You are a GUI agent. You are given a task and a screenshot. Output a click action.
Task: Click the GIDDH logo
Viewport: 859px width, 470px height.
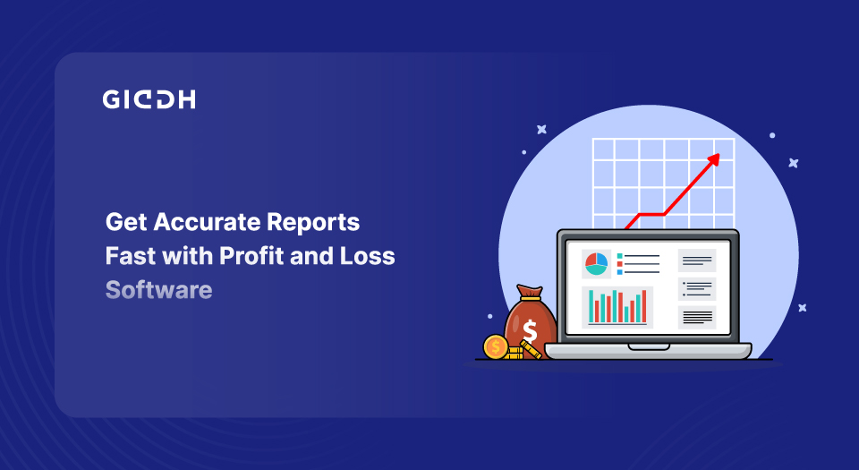pyautogui.click(x=149, y=99)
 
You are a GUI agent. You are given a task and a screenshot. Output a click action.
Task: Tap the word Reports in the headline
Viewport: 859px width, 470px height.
pyautogui.click(x=313, y=223)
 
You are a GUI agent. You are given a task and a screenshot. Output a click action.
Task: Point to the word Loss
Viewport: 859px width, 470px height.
pyautogui.click(x=367, y=256)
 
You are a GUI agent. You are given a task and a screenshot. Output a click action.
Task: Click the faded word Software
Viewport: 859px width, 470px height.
pyautogui.click(x=159, y=290)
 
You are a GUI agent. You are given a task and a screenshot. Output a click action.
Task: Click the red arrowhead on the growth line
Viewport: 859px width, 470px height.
pyautogui.click(x=713, y=159)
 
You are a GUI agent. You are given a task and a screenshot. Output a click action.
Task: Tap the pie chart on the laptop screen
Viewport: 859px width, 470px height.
pyautogui.click(x=597, y=263)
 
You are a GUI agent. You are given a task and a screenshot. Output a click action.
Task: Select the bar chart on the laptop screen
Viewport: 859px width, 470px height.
pyautogui.click(x=617, y=307)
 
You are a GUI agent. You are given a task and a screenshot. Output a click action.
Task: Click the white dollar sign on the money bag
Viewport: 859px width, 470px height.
pyautogui.click(x=530, y=331)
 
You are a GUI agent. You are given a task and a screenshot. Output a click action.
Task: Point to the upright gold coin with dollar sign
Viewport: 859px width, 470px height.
pyautogui.click(x=496, y=346)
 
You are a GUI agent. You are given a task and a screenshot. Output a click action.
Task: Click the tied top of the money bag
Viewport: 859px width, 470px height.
pyautogui.click(x=529, y=293)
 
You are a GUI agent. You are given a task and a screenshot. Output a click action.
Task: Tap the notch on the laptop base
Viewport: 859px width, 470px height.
pyautogui.click(x=649, y=346)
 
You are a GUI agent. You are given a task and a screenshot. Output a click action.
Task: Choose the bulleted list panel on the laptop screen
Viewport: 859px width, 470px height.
pyautogui.click(x=697, y=288)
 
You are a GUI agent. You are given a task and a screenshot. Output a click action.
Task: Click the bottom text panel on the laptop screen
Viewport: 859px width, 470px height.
pyautogui.click(x=697, y=317)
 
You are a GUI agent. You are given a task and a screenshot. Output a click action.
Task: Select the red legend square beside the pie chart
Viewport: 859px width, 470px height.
pyautogui.click(x=620, y=264)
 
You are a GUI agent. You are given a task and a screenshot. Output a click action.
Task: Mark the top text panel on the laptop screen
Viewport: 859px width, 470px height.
pyautogui.click(x=697, y=261)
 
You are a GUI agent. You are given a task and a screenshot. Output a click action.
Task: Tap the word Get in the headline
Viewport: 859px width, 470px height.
pyautogui.click(x=126, y=222)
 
